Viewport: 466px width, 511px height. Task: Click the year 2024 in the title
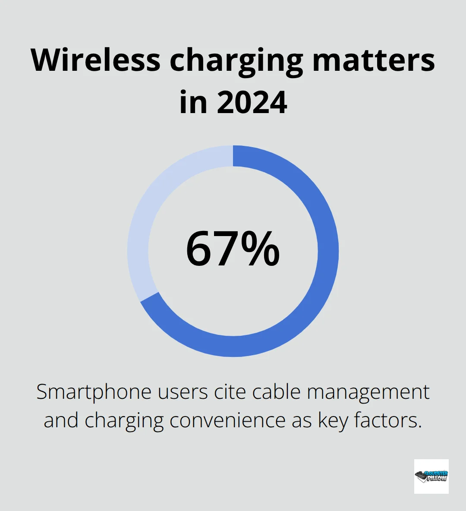pos(252,102)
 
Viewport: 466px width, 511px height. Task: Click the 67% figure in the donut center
pos(233,249)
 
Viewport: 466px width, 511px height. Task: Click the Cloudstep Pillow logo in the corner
pos(431,476)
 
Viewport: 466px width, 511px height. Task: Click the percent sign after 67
pos(260,249)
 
